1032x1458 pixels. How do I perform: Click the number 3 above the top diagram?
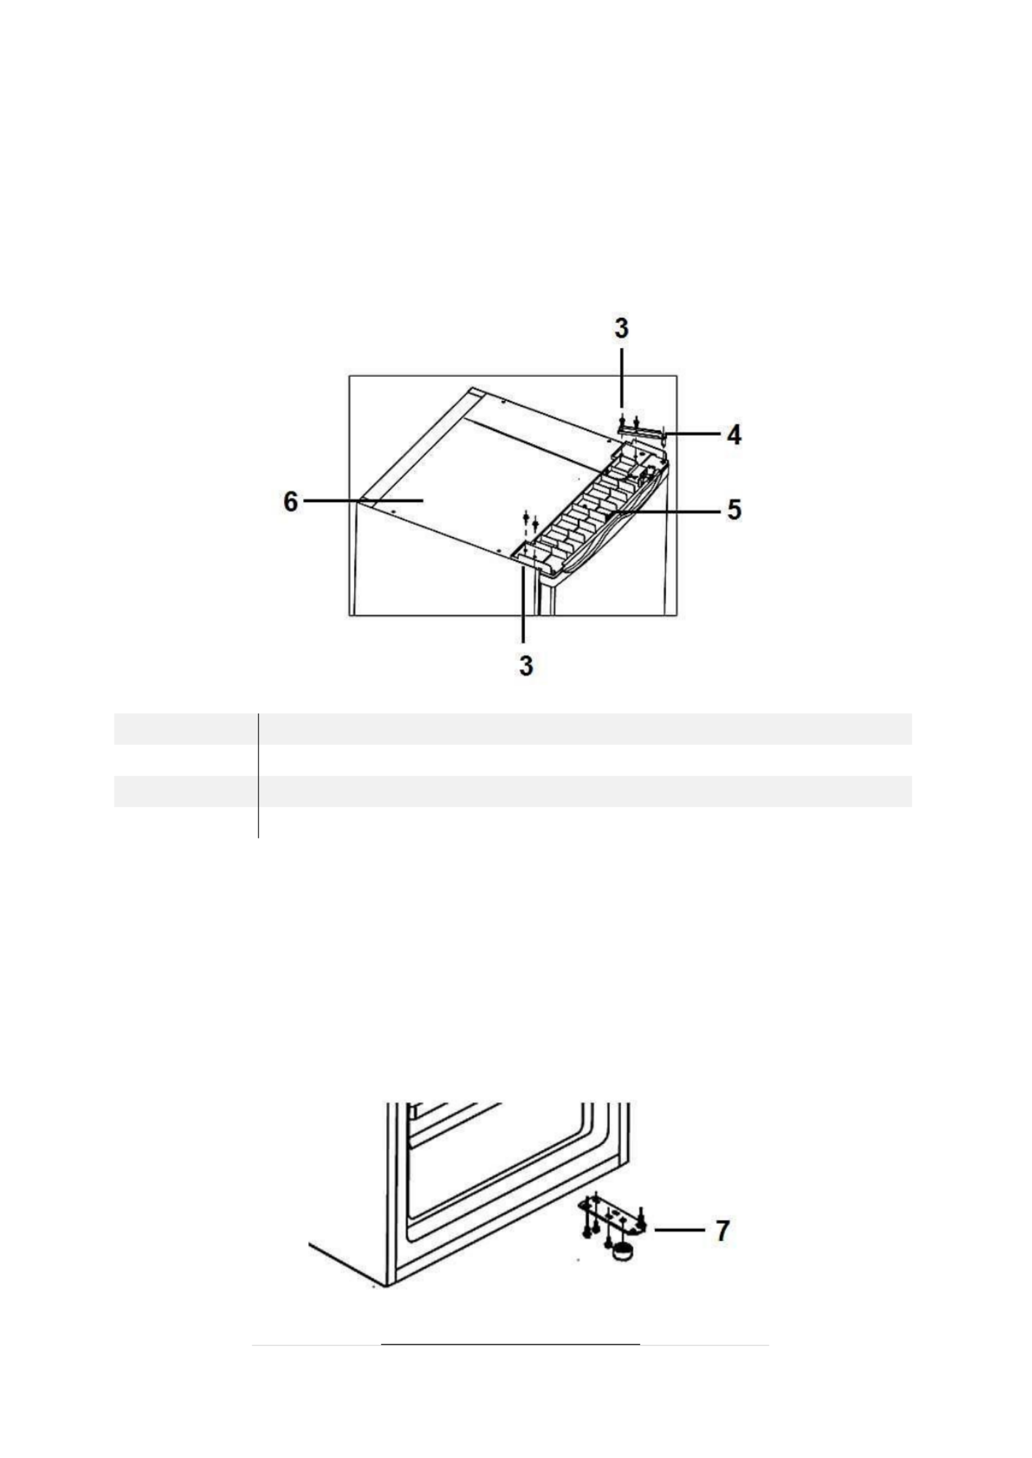pos(620,328)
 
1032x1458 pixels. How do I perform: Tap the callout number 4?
pos(734,434)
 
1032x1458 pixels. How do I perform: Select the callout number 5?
pos(734,508)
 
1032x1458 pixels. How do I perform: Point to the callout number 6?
pos(290,502)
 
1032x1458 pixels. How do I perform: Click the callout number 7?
pos(721,1230)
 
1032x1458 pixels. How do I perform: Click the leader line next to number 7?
pos(679,1230)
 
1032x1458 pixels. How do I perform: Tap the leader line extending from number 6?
pos(363,500)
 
